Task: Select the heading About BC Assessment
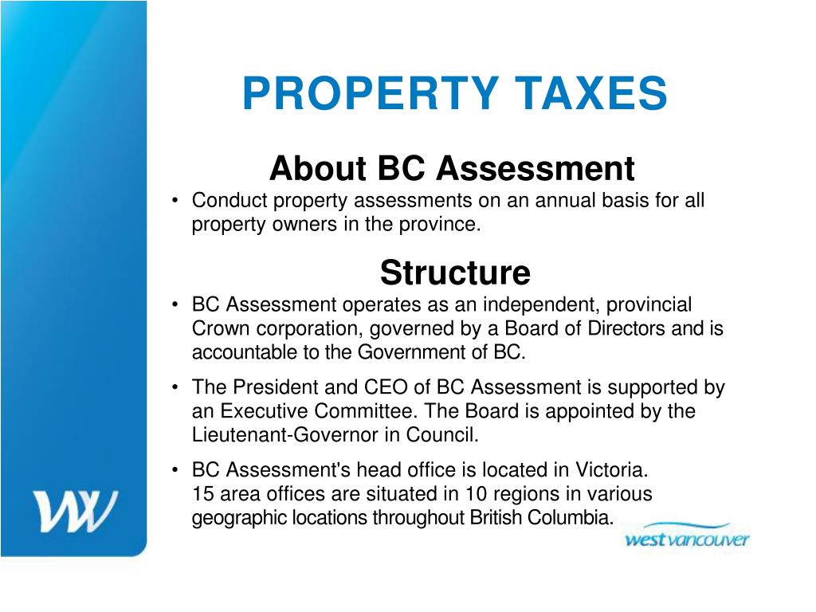pos(452,168)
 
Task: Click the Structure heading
pos(454,273)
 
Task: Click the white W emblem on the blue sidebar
pos(74,511)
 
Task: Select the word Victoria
pos(611,469)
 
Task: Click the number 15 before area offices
pos(202,493)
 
